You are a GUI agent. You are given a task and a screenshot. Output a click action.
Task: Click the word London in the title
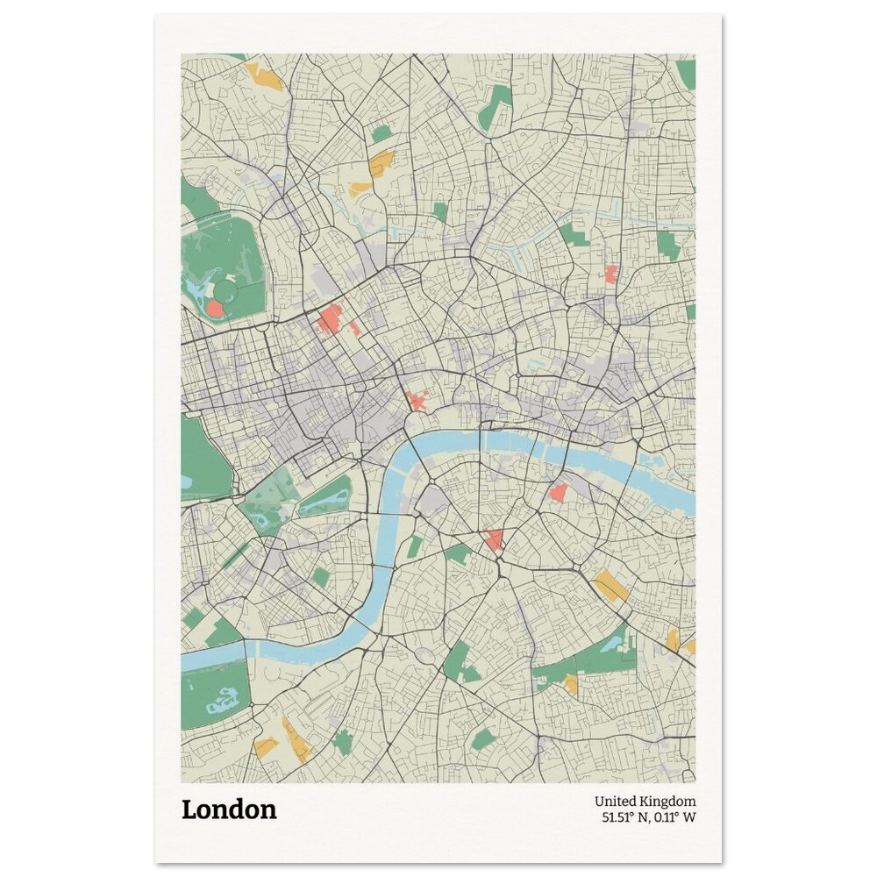point(229,809)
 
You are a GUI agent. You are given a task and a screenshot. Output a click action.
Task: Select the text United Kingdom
point(645,802)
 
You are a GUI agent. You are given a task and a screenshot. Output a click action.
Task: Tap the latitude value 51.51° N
point(624,818)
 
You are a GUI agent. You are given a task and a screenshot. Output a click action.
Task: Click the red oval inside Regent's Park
point(215,309)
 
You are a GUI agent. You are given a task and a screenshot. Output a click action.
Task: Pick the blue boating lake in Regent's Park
point(196,286)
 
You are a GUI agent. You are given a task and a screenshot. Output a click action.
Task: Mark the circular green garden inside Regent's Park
point(226,290)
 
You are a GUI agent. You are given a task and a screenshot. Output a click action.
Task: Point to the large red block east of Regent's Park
point(330,320)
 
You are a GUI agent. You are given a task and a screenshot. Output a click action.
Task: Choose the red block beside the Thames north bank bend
point(417,402)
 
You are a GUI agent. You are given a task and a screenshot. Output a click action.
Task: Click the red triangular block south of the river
point(494,538)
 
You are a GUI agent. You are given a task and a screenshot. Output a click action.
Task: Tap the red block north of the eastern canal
point(611,274)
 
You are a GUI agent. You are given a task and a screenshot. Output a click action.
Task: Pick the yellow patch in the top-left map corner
point(264,77)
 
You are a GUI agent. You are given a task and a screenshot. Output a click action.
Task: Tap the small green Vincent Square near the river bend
point(321,576)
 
